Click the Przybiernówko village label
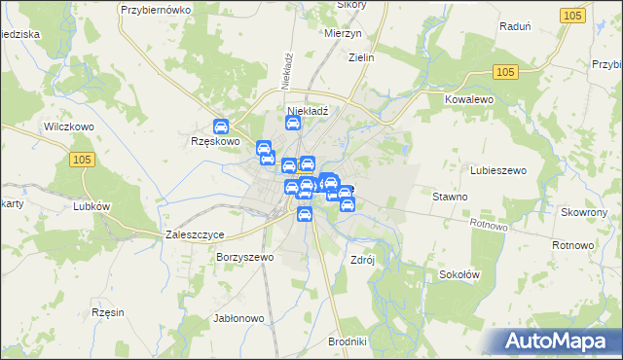tap(154, 9)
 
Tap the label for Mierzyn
tap(342, 31)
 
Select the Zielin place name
tap(362, 57)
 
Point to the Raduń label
tap(513, 27)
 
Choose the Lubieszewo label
tap(498, 170)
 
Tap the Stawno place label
tap(451, 197)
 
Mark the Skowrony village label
tap(584, 212)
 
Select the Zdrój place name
tap(362, 260)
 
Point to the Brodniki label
tap(347, 342)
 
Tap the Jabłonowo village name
tap(238, 318)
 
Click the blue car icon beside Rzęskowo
tap(221, 126)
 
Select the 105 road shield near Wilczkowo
tap(83, 160)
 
